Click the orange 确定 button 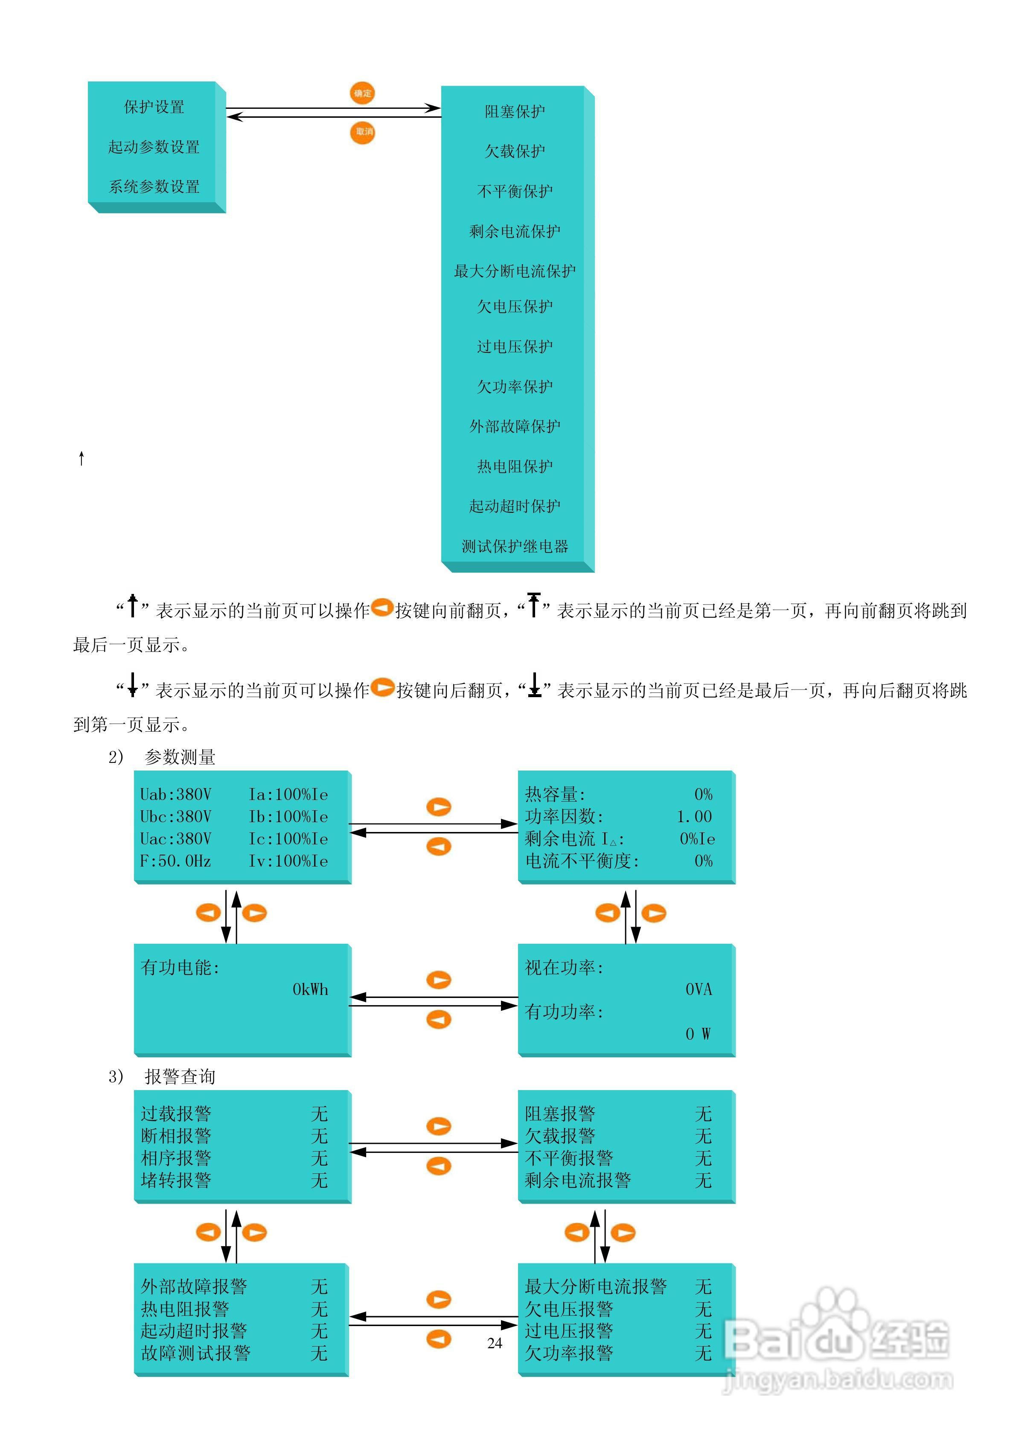tap(362, 93)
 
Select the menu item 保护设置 tap(154, 107)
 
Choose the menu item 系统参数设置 tap(154, 186)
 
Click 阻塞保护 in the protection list tap(515, 111)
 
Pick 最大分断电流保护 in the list tap(515, 271)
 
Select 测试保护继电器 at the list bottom tap(515, 547)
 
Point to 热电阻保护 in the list tap(515, 466)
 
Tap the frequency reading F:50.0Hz tap(175, 861)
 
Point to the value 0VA tap(699, 989)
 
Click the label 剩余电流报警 tap(577, 1181)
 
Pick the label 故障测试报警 tap(195, 1353)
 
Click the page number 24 tap(495, 1343)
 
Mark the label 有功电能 tap(180, 968)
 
